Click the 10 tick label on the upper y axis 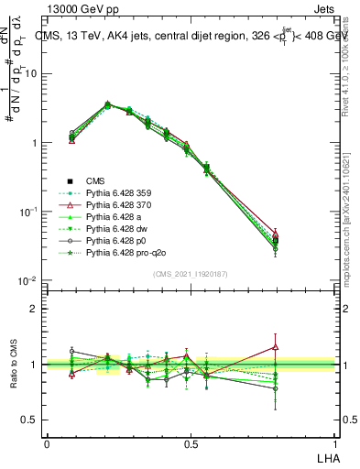click(x=33, y=74)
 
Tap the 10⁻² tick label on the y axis click(x=30, y=280)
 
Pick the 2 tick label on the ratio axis click(x=34, y=309)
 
